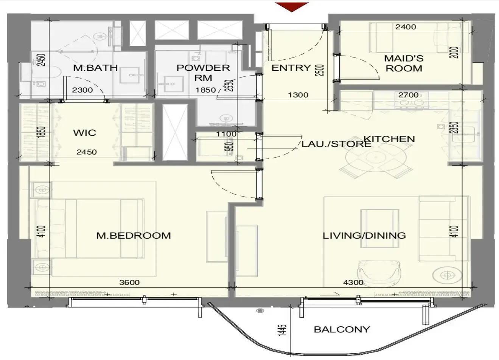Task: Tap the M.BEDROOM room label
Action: click(x=134, y=236)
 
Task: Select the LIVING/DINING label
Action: click(x=364, y=236)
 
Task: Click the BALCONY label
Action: click(x=342, y=329)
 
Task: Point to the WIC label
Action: click(x=85, y=133)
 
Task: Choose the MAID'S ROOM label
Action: click(x=404, y=64)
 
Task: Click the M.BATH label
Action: click(x=95, y=68)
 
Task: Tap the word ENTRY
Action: click(x=291, y=68)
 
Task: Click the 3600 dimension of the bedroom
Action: click(x=129, y=282)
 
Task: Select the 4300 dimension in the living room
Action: click(x=353, y=282)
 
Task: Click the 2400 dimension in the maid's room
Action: click(x=406, y=27)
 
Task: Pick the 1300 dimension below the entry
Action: click(x=298, y=95)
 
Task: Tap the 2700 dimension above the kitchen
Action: click(x=408, y=95)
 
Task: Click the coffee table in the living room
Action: click(x=380, y=228)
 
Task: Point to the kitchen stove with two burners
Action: click(x=412, y=101)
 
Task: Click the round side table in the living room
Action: click(x=447, y=275)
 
